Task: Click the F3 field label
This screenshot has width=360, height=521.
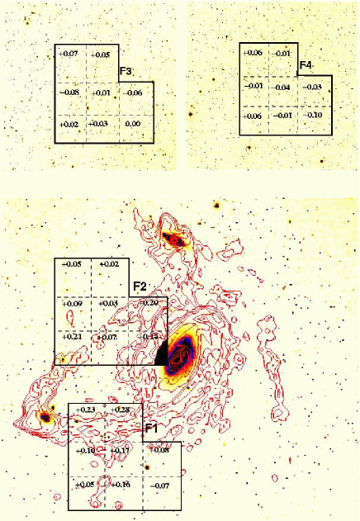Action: pyautogui.click(x=127, y=72)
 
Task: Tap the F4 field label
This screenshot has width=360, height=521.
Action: pyautogui.click(x=306, y=64)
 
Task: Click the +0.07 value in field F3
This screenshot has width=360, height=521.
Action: pyautogui.click(x=69, y=54)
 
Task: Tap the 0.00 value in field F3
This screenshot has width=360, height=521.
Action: pyautogui.click(x=130, y=124)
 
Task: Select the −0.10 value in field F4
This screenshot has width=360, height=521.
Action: pyautogui.click(x=312, y=115)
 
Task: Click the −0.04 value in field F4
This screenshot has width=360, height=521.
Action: pyautogui.click(x=282, y=87)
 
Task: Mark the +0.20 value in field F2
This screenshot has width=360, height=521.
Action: pyautogui.click(x=150, y=304)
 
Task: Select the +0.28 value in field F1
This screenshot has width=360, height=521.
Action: pyautogui.click(x=121, y=410)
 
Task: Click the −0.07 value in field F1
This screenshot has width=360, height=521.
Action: pyautogui.click(x=159, y=485)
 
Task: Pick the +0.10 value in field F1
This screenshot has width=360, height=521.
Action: pyautogui.click(x=85, y=450)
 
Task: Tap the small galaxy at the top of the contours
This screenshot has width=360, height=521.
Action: pyautogui.click(x=175, y=239)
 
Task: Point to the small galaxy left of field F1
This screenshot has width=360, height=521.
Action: pyautogui.click(x=45, y=418)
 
